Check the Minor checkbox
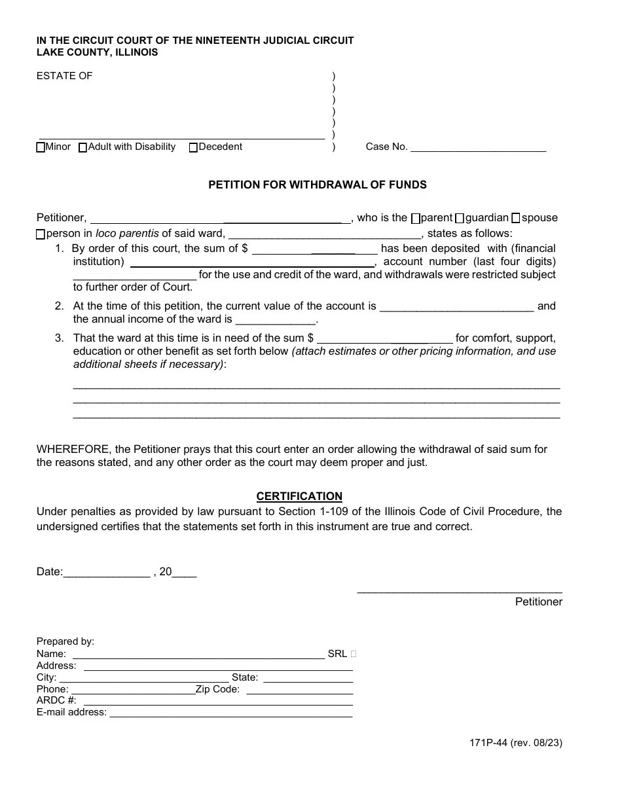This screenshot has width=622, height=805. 41,148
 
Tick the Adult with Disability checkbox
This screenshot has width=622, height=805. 82,148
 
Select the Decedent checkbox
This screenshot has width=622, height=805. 193,148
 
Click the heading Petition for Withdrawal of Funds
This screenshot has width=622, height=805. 318,185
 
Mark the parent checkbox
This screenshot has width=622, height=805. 416,218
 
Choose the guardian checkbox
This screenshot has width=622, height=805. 459,218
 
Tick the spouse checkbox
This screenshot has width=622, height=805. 515,218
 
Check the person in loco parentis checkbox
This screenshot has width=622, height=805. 41,234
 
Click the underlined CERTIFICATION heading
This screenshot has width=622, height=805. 299,497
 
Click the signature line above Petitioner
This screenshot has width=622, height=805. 460,591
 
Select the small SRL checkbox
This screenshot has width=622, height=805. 354,654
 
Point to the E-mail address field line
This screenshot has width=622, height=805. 230,715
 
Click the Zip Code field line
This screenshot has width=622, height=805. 300,691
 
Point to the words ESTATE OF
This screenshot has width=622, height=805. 64,76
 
